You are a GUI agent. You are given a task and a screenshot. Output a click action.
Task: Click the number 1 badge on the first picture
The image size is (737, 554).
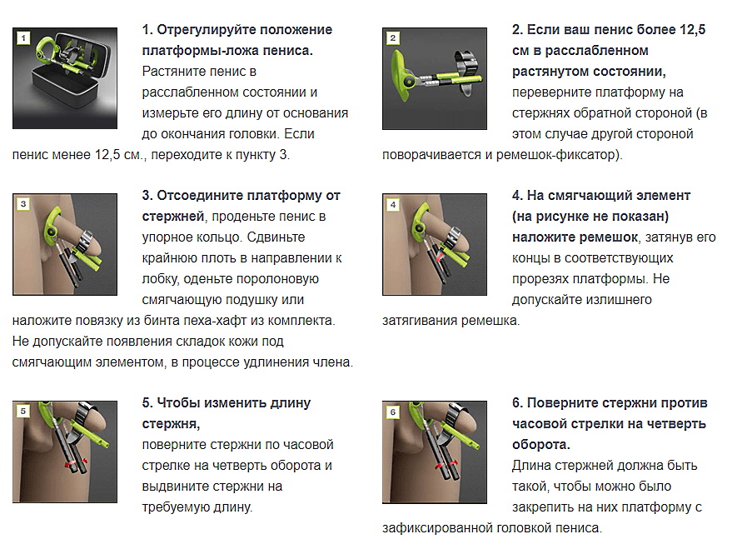click(x=23, y=37)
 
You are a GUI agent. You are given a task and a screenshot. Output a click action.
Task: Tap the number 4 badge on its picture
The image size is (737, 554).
click(x=393, y=205)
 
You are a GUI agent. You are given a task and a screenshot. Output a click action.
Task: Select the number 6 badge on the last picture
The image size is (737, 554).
click(x=393, y=412)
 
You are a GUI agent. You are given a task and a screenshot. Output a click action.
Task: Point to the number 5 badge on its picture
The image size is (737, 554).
click(x=23, y=411)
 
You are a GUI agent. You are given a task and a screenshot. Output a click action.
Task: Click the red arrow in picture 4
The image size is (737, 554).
click(x=440, y=257)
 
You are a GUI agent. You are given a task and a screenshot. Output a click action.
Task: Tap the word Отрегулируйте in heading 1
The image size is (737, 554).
click(x=206, y=30)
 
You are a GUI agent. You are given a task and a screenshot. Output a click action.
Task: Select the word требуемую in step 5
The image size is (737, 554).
click(x=176, y=507)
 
